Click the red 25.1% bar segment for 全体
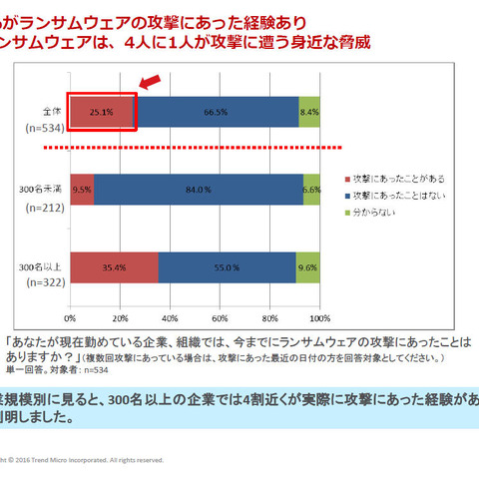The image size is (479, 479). coord(101,113)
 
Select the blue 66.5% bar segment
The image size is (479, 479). coord(215,113)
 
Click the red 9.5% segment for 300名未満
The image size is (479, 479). coord(82,189)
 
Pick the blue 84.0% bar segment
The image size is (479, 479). coord(198,189)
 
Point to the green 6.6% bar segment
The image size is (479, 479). coord(310,189)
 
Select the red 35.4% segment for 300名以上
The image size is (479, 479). coord(114,267)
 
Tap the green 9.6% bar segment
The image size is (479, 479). coord(306,267)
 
